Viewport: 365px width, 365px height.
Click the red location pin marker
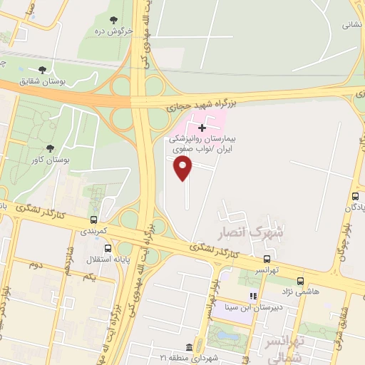[184, 168]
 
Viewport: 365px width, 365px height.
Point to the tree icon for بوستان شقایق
[42, 70]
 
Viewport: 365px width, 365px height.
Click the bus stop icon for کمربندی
[93, 220]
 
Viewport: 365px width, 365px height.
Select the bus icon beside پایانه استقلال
[108, 249]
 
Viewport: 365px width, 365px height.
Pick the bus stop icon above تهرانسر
[267, 259]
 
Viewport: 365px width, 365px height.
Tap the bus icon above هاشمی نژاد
[300, 281]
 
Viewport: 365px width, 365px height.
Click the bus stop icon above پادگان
[354, 196]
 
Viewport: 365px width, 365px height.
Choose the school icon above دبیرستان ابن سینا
[252, 296]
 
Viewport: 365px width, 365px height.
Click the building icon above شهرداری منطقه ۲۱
[188, 346]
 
